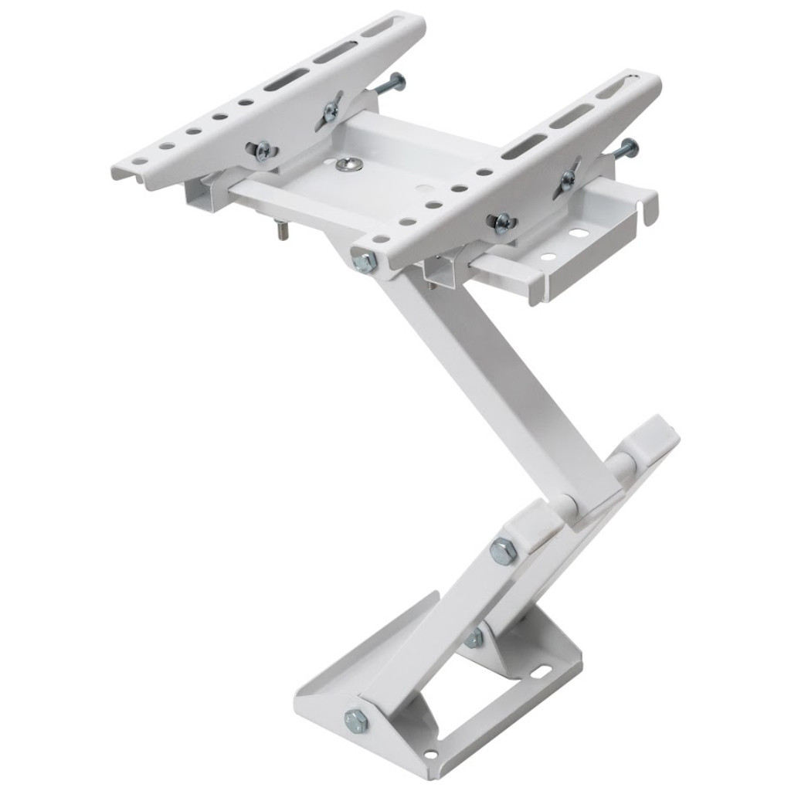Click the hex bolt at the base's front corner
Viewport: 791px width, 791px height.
click(355, 721)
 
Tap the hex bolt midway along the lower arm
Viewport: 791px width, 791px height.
click(503, 552)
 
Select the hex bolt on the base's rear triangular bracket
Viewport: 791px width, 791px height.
click(474, 638)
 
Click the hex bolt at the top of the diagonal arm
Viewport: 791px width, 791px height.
click(364, 261)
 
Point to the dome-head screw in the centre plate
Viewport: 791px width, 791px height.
click(345, 163)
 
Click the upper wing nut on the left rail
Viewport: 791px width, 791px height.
click(331, 111)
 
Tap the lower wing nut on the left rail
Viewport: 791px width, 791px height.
click(263, 150)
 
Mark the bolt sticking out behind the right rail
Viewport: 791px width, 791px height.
click(626, 148)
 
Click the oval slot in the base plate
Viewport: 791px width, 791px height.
click(540, 670)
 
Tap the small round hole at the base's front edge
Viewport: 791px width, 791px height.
click(430, 754)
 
